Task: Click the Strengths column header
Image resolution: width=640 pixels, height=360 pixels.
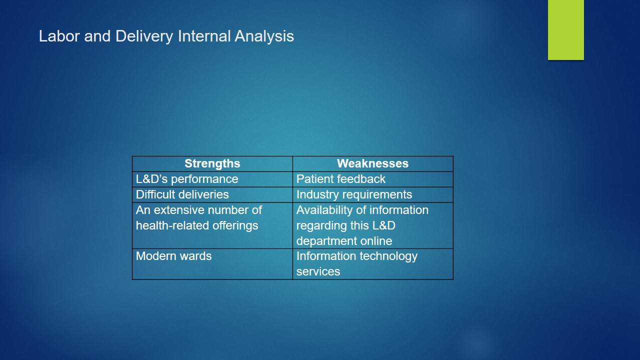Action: [x=212, y=163]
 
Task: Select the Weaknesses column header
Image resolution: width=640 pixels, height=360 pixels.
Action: [x=373, y=163]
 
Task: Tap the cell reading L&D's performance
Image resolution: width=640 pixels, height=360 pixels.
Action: [x=212, y=179]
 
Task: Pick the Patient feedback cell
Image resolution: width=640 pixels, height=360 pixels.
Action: [x=373, y=179]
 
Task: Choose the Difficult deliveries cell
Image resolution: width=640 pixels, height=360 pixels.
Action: [x=212, y=194]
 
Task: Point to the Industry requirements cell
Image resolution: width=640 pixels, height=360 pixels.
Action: [x=373, y=194]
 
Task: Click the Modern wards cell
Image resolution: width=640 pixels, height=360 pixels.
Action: [x=212, y=264]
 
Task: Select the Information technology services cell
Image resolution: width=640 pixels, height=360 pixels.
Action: [x=373, y=264]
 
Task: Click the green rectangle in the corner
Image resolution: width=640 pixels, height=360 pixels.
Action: [x=565, y=30]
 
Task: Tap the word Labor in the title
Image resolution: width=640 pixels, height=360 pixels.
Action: [x=59, y=36]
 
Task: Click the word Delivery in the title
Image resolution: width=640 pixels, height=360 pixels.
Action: [x=144, y=37]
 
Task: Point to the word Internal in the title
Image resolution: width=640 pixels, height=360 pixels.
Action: [x=204, y=36]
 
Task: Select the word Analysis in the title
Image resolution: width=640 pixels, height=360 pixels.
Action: [x=264, y=37]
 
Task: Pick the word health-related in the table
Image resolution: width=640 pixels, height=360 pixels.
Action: [x=172, y=225]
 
